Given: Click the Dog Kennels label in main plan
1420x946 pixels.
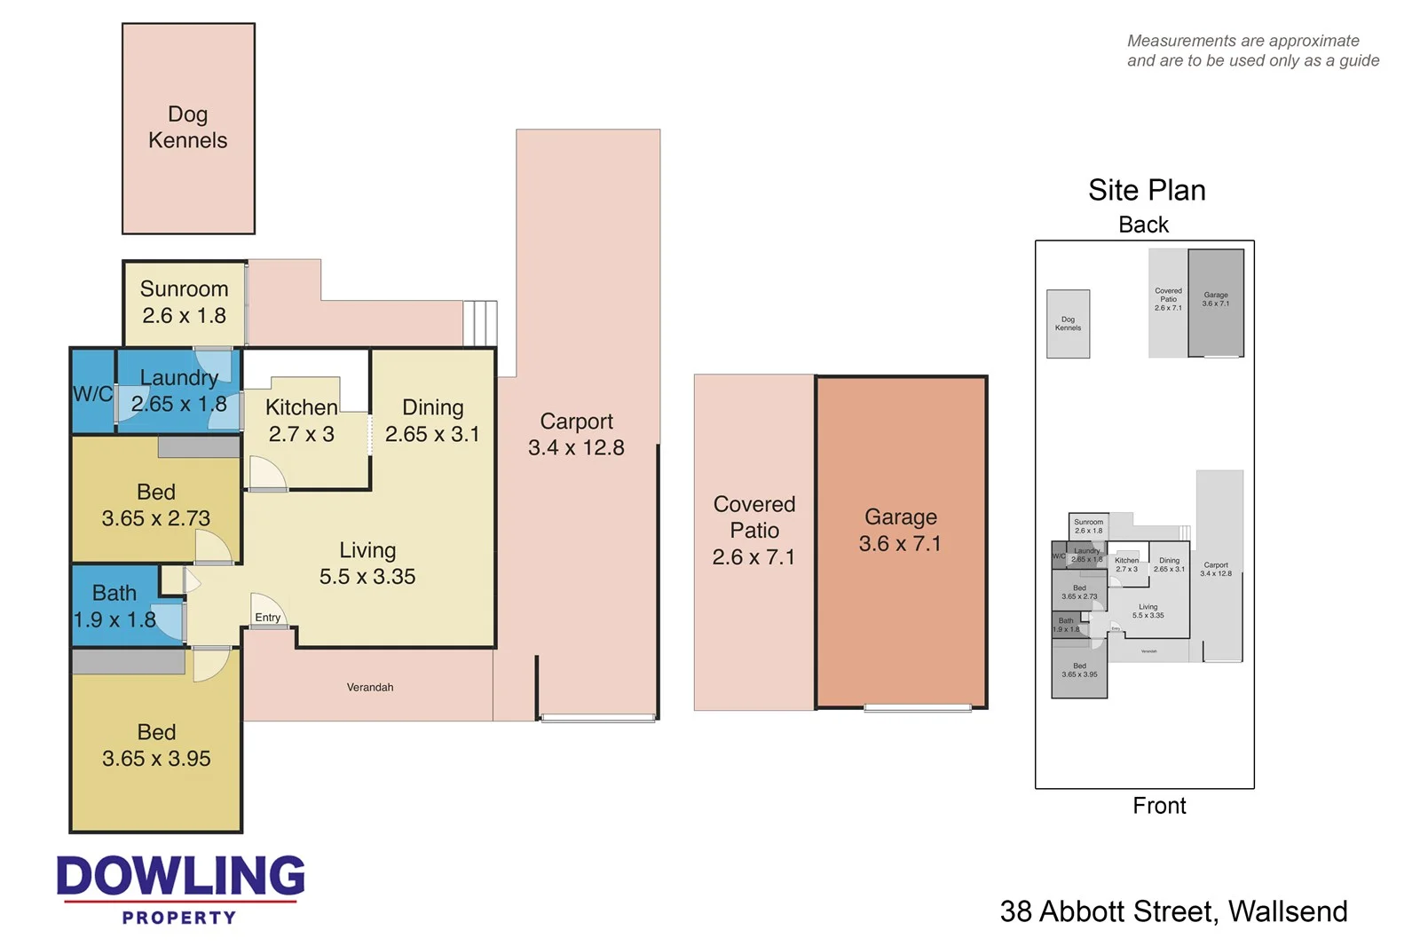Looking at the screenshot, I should (x=187, y=128).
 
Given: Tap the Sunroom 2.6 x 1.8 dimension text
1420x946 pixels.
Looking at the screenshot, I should (x=185, y=316).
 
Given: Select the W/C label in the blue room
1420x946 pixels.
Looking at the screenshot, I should (x=92, y=394).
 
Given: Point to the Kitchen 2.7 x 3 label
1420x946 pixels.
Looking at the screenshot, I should (x=302, y=421).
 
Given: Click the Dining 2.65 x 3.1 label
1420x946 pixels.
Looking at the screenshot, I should (x=432, y=421).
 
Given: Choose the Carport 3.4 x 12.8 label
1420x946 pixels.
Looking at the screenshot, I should (x=576, y=435).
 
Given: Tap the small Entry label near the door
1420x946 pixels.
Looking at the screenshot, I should (x=267, y=618).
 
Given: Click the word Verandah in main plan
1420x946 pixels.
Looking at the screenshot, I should (x=370, y=688).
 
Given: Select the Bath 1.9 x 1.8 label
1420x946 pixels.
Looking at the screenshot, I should (x=114, y=606).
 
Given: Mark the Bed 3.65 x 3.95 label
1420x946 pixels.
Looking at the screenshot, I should (x=156, y=745).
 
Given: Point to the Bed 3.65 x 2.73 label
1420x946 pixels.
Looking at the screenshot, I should (x=156, y=505).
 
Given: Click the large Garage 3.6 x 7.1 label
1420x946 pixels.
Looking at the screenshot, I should (x=900, y=530).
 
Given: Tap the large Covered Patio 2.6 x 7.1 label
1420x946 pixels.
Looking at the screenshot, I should (x=754, y=531).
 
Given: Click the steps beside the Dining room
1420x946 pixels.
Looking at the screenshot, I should (x=480, y=324).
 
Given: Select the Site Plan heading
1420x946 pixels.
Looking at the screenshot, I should (x=1147, y=191).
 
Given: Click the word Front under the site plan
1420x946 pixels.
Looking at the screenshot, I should (x=1159, y=806).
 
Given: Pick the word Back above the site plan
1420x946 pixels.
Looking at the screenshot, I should (x=1143, y=225).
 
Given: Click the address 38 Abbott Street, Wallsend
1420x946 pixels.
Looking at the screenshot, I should (x=1173, y=911).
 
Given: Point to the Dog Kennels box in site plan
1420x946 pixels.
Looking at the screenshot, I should (x=1068, y=324).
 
